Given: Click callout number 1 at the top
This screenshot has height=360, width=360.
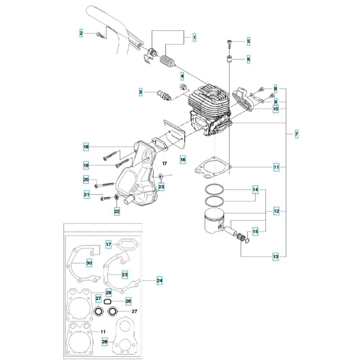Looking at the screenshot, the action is click(x=194, y=37).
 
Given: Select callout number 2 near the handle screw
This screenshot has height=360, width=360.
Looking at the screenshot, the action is click(x=81, y=33).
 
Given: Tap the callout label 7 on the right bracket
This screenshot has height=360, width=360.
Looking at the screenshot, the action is click(x=296, y=134).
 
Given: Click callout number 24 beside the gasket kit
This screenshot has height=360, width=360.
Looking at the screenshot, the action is click(x=159, y=280).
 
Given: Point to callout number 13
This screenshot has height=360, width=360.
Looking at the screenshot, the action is click(x=275, y=257).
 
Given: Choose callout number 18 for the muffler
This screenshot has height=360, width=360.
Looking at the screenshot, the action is click(x=86, y=147).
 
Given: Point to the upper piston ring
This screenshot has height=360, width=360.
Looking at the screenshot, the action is click(x=214, y=189).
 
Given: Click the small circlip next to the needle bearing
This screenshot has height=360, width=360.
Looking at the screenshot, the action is click(x=247, y=240).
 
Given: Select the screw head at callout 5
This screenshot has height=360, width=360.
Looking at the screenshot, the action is click(x=229, y=42).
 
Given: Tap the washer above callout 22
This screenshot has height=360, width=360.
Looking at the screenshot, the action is click(x=117, y=197).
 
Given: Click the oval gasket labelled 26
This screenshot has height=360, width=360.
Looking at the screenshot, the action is click(x=107, y=301).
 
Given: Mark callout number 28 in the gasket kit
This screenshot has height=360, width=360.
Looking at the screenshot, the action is click(x=104, y=342).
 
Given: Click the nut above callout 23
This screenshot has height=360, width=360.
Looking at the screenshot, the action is click(x=161, y=176).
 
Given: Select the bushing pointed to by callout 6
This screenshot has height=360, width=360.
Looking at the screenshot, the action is click(x=229, y=59).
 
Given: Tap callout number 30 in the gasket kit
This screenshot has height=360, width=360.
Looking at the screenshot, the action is click(x=89, y=263).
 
